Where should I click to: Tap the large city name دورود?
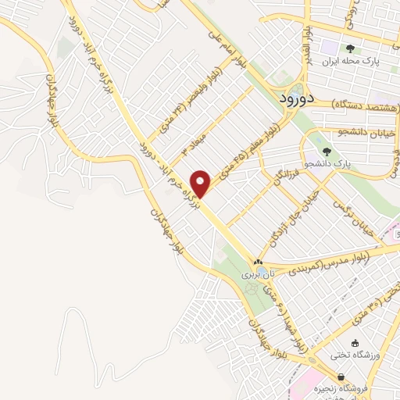[296, 98]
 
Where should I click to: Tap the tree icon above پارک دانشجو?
[327, 152]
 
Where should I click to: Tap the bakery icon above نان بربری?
[258, 262]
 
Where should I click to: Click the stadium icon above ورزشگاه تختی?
[355, 343]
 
